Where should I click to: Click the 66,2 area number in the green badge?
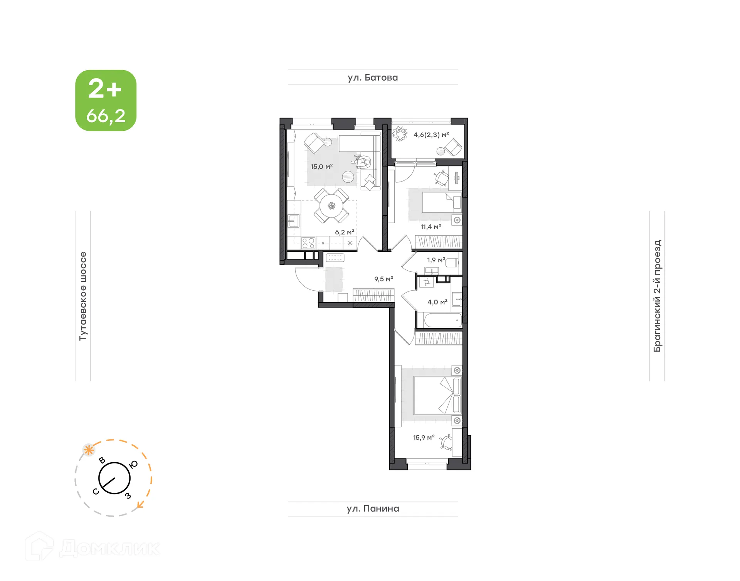tap(106, 116)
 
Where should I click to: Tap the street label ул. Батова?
tap(372, 77)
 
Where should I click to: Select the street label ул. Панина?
tap(373, 509)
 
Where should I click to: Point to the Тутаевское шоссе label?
tap(83, 296)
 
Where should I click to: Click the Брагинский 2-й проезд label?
tap(657, 296)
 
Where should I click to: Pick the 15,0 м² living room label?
tap(321, 167)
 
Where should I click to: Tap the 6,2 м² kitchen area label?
tap(344, 232)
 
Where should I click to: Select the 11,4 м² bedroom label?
tap(431, 227)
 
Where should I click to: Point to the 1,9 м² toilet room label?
tap(436, 260)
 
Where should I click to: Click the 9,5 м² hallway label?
tap(383, 279)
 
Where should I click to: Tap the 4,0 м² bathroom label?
tap(437, 302)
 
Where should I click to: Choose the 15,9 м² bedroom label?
tap(424, 438)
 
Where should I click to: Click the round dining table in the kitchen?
tap(331, 205)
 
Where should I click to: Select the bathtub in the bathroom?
tap(442, 320)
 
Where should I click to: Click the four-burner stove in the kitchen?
tap(308, 243)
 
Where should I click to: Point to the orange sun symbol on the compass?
tap(89, 450)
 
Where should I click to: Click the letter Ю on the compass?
tap(133, 465)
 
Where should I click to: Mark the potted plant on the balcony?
tap(399, 134)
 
